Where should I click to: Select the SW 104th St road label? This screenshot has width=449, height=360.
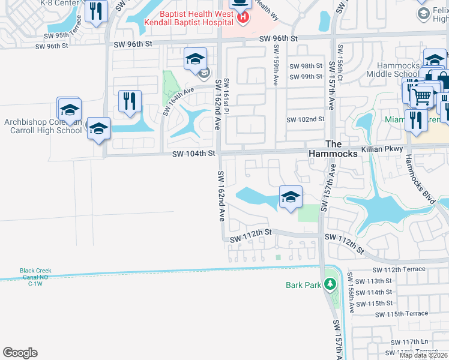(193, 154)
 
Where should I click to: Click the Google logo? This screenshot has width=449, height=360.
(20, 353)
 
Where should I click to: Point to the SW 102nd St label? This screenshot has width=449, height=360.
(305, 119)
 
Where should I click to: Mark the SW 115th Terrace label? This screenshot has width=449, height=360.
(402, 314)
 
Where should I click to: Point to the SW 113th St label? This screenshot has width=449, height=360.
(373, 281)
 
